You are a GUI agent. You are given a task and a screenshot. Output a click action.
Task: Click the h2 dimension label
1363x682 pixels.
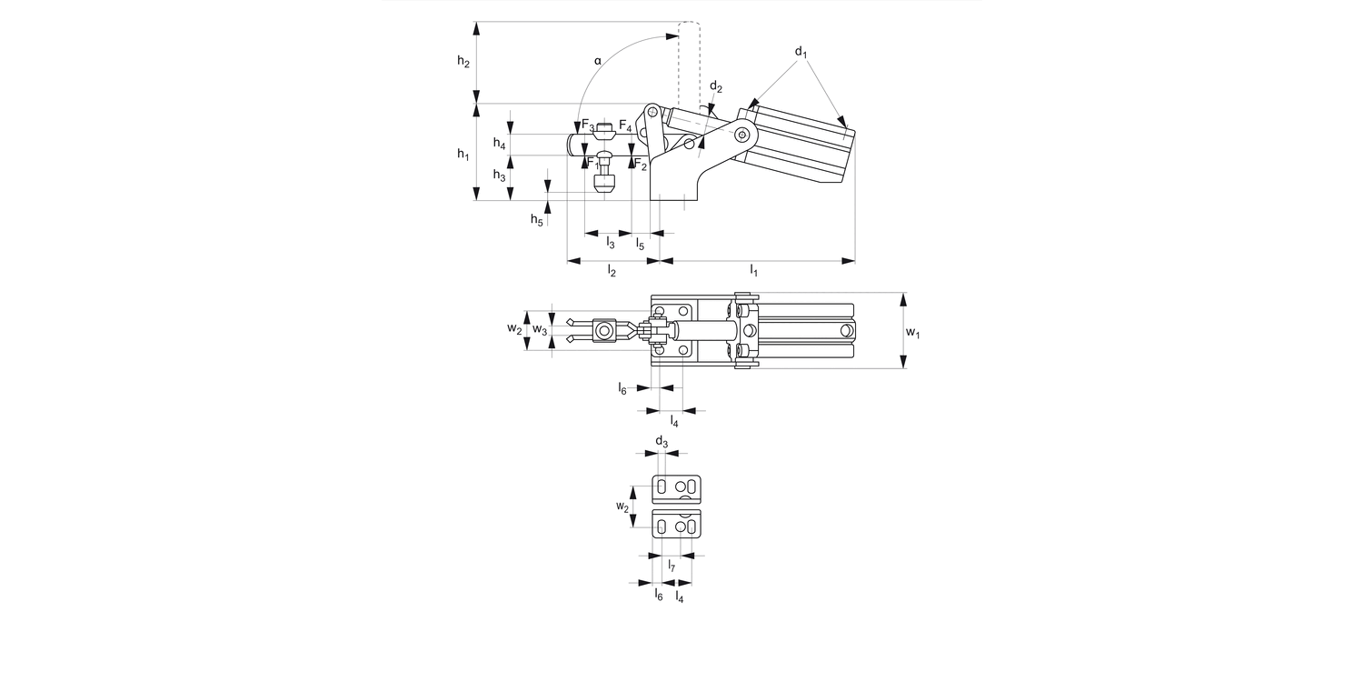pos(463,62)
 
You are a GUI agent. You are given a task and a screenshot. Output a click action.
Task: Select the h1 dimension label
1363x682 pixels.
pos(463,155)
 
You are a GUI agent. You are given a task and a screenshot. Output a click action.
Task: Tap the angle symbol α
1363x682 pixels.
pos(598,61)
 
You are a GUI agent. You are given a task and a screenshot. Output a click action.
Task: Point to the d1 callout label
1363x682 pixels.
pos(801,52)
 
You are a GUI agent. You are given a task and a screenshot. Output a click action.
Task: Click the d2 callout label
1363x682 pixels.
pos(716,87)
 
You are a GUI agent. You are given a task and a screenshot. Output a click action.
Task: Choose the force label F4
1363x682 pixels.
pos(625,126)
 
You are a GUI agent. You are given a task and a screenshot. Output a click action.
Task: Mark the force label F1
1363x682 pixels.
pos(592,164)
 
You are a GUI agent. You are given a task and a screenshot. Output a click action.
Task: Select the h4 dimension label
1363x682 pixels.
pos(499,144)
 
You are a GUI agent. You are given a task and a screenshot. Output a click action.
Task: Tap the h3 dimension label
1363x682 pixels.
pos(499,176)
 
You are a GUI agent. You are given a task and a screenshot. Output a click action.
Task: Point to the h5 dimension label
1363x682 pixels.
pos(537,219)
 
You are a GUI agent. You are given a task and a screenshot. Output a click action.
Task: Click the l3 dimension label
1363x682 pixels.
pos(611,243)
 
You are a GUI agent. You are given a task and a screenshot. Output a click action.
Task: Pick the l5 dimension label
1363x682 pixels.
pos(640,244)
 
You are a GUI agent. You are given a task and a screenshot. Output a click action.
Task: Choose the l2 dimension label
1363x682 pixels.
pos(612,272)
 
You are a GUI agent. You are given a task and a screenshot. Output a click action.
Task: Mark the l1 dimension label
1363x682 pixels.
pos(754,270)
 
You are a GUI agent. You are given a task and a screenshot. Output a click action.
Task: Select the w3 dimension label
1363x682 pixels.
pos(540,329)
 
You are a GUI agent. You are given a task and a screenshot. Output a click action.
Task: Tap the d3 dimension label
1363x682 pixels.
pos(662,443)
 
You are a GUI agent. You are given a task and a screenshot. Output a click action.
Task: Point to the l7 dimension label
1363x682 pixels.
pos(672,567)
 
